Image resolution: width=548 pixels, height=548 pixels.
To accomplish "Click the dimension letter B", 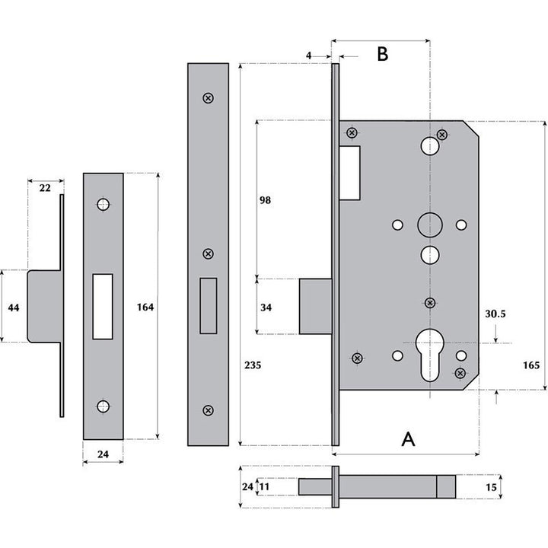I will [383, 54].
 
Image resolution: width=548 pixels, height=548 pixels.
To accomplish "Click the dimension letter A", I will [409, 439].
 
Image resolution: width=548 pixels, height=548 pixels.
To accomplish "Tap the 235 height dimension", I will [253, 365].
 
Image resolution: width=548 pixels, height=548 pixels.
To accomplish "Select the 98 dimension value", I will [265, 200].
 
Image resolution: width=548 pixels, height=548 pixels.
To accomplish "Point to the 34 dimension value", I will [265, 307].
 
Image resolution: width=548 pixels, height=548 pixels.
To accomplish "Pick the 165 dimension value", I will [531, 365].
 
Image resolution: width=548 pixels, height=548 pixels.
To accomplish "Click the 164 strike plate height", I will [145, 307].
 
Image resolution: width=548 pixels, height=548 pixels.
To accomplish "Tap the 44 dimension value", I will [12, 307].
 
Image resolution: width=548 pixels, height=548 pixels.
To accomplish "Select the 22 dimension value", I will [45, 187].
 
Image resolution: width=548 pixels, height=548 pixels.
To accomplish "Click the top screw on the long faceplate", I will [208, 97].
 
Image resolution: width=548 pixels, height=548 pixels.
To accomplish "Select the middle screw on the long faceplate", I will [208, 253].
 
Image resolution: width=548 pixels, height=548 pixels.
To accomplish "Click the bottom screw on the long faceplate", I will [208, 410].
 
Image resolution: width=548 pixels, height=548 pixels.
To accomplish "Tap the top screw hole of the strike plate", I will [103, 204].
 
